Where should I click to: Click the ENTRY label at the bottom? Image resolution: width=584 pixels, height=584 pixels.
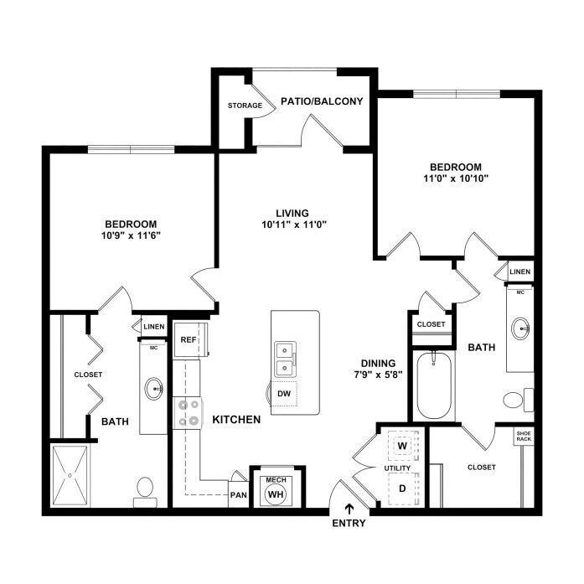pos(349,523)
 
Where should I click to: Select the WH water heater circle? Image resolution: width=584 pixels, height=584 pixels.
pos(275,494)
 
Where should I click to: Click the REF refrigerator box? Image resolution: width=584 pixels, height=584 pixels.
pos(189,340)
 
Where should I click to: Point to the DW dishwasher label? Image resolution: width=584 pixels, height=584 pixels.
pos(284,392)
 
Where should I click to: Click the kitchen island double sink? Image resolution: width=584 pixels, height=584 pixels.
pos(284,358)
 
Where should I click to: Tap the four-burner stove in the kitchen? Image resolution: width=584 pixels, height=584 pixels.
pos(189,412)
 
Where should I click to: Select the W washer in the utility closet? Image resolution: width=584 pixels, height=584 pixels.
pos(401,447)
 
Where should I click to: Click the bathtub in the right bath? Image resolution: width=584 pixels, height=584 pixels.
pos(435,385)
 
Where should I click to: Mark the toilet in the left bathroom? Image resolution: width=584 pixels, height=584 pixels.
pos(144,489)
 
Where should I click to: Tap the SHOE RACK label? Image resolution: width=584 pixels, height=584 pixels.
pos(524,436)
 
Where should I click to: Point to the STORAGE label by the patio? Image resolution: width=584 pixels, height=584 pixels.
pos(245,106)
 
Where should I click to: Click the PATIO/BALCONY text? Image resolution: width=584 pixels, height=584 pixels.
pos(322,102)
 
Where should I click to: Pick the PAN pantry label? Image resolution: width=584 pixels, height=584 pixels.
pos(238,494)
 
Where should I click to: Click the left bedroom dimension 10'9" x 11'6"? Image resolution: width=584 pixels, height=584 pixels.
pos(131,235)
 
